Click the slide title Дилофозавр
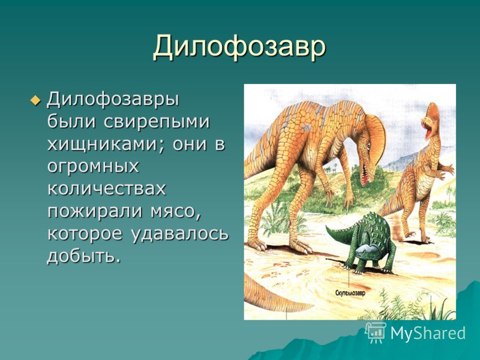[x=239, y=47]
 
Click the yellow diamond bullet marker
[x=35, y=100]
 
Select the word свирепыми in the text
[x=157, y=122]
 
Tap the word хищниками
[x=107, y=144]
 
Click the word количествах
[x=107, y=188]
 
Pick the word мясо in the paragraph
[x=175, y=212]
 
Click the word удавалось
[x=181, y=234]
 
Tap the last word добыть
[x=83, y=256]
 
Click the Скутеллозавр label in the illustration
[x=350, y=293]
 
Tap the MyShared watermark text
[x=428, y=333]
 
